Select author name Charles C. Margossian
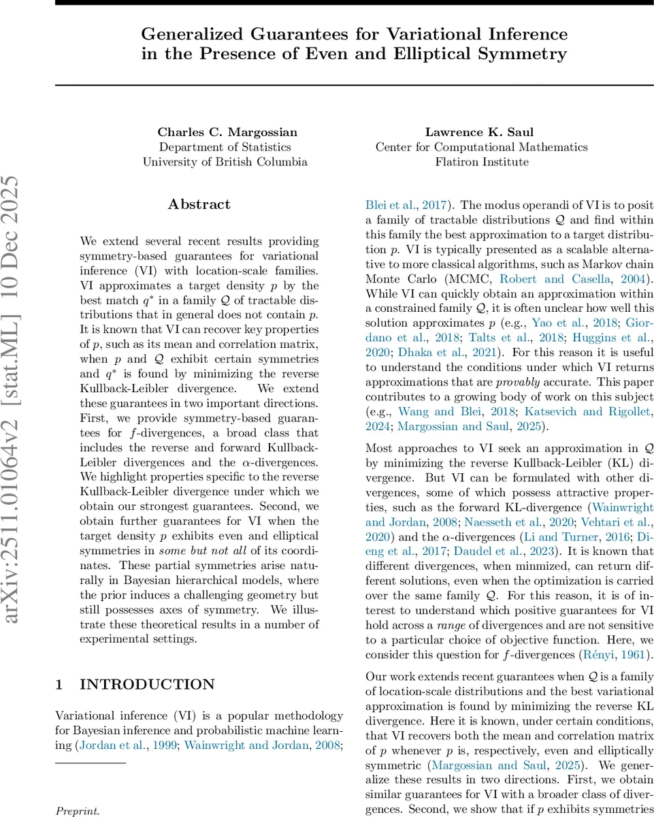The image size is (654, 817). pos(225,132)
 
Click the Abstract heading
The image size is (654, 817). pos(199,204)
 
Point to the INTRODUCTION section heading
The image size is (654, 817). pos(147,685)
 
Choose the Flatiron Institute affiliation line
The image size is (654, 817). pos(481,162)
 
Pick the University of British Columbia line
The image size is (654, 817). pos(225,162)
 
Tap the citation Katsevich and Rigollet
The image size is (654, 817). pos(592,411)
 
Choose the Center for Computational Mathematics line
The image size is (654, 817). pos(481,147)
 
